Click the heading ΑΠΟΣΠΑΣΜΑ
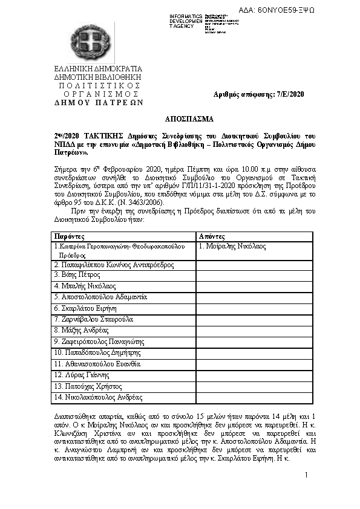coord(180,119)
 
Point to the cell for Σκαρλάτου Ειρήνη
coord(88,308)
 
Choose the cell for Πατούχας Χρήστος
coord(85,386)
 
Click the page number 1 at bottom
coord(307,475)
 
